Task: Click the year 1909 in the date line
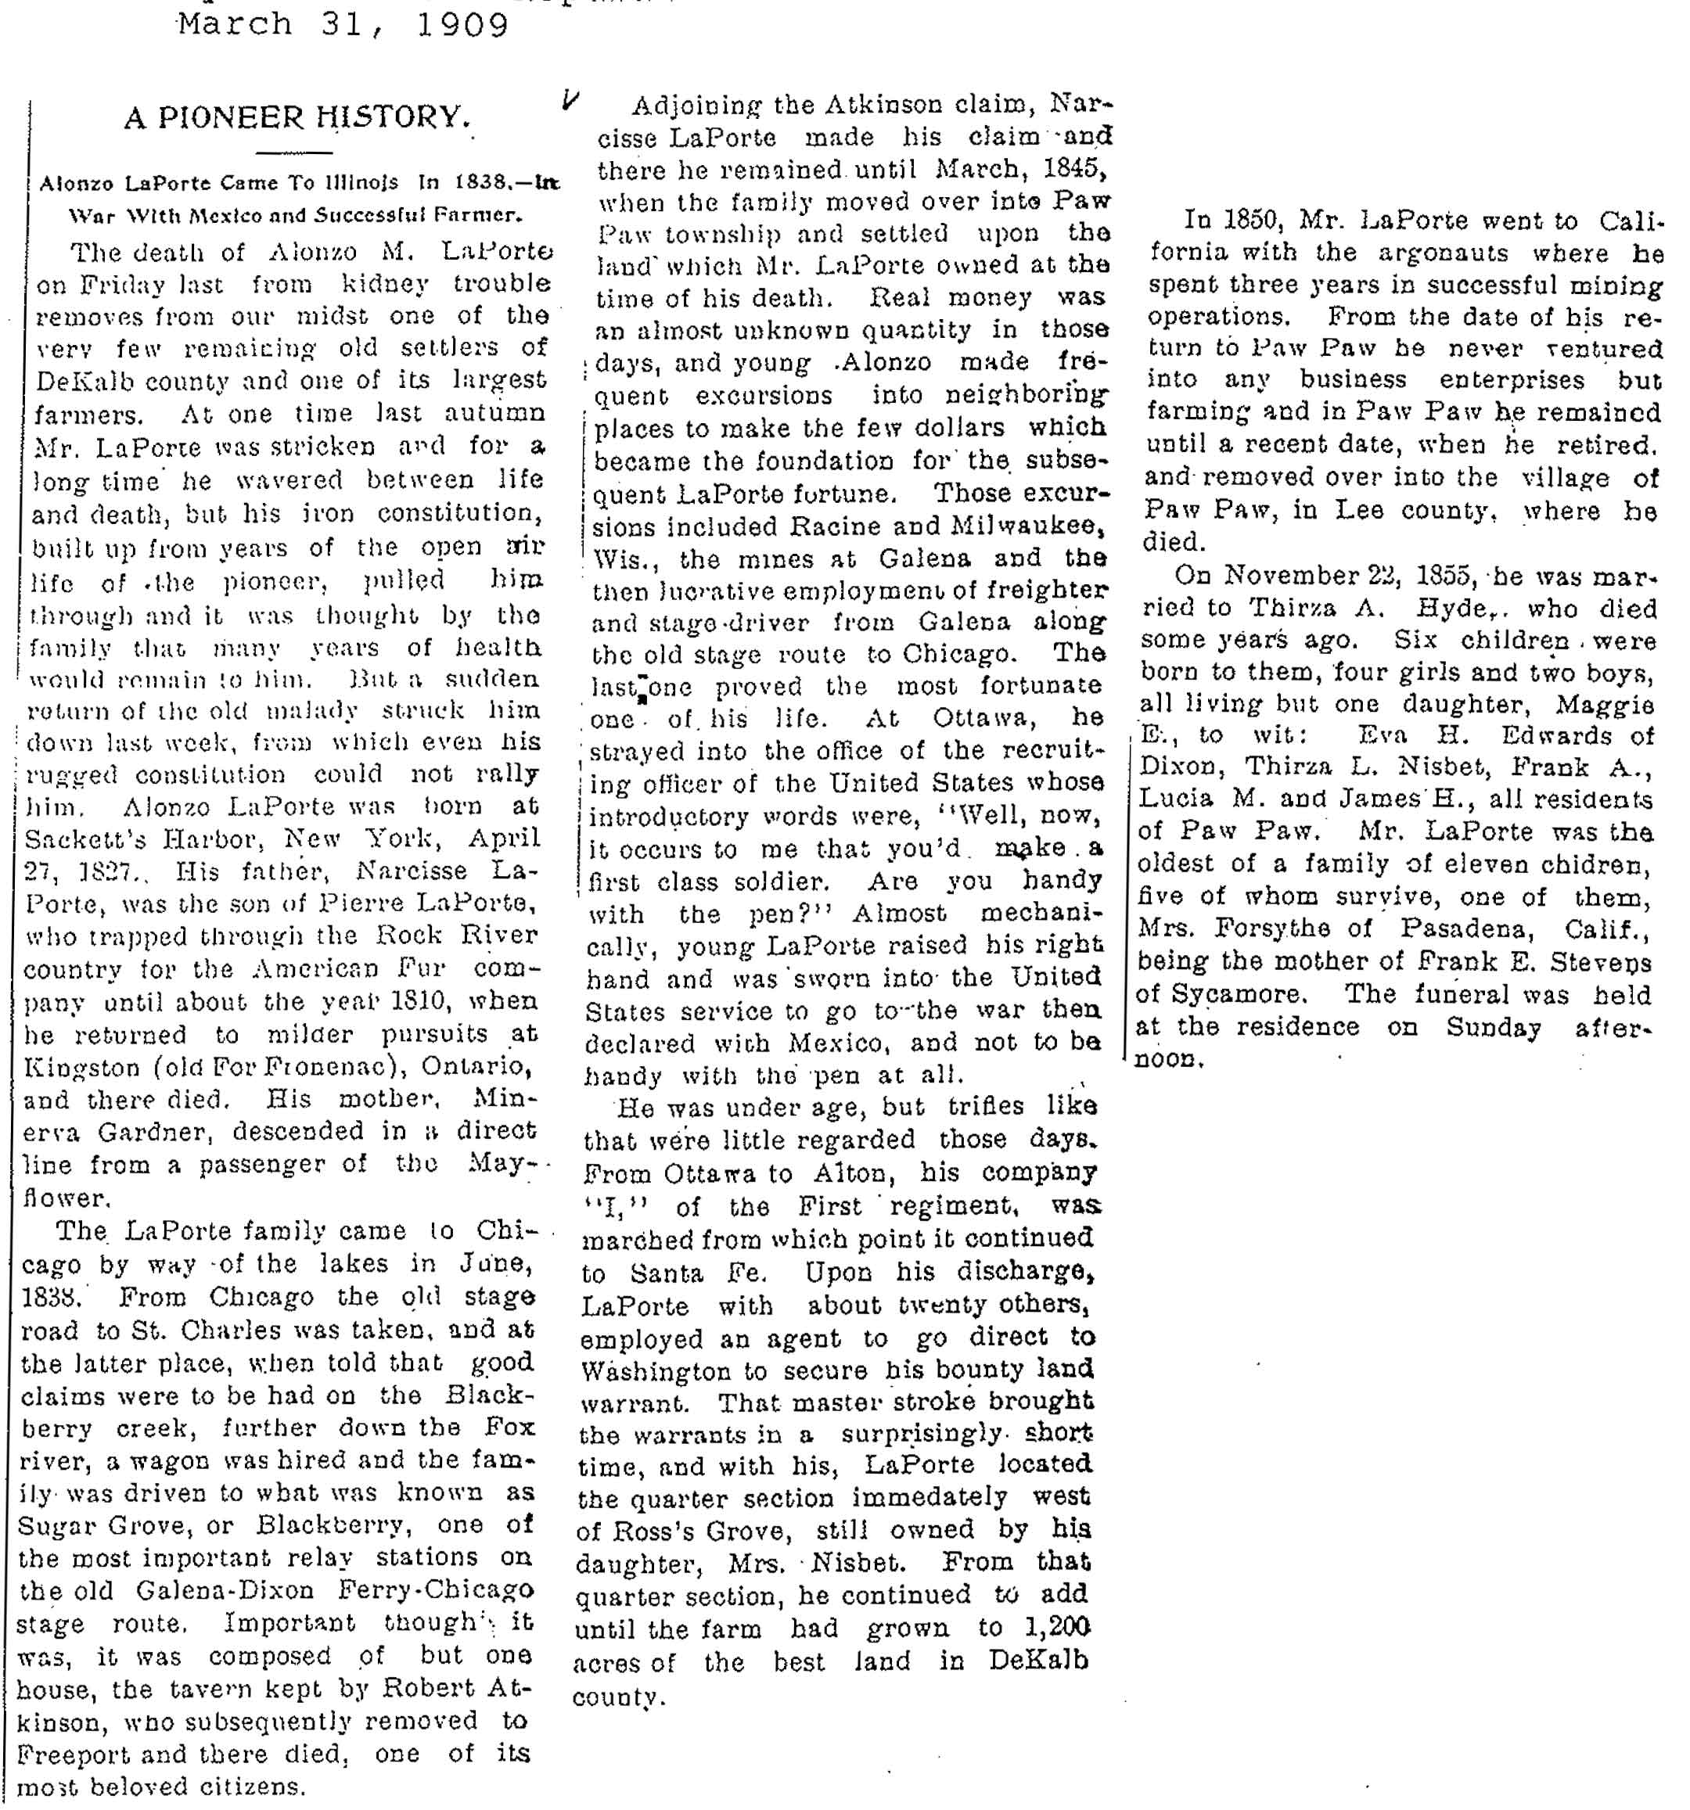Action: click(462, 23)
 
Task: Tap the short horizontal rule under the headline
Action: click(295, 151)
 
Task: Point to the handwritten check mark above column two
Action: click(570, 99)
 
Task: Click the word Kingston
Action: click(82, 1067)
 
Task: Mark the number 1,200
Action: click(1057, 1627)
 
